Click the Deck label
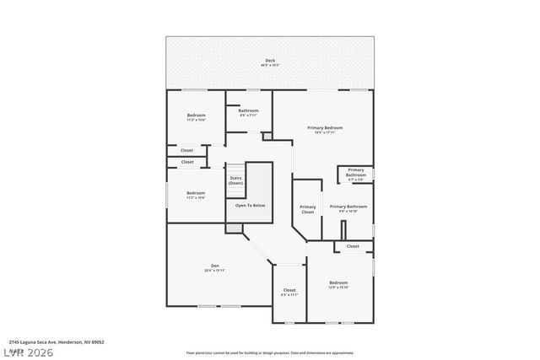pos(270,60)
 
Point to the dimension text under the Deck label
pos(270,65)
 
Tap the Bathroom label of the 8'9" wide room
pos(248,110)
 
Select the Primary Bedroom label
pos(325,127)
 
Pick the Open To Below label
pos(250,205)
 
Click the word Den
pos(214,266)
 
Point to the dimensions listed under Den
pos(214,271)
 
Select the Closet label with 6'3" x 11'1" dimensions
pos(289,289)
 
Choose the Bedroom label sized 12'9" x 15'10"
pos(338,282)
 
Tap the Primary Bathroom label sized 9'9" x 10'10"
pos(348,206)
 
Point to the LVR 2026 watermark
pos(30,352)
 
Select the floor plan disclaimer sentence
pos(270,352)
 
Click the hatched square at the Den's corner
pos(233,228)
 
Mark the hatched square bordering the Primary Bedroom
pos(267,135)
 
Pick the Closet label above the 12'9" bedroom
pos(353,246)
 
